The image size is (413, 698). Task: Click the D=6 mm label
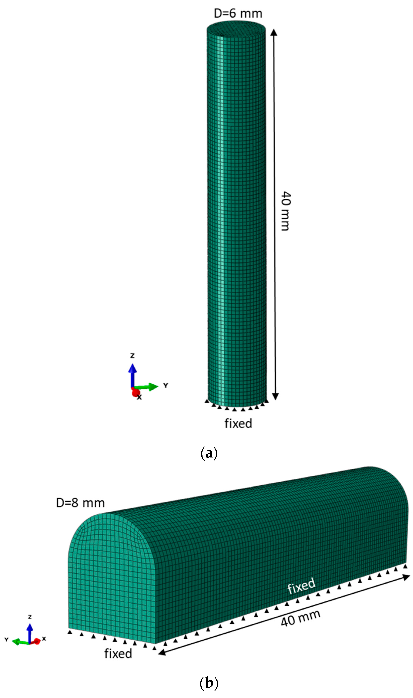[238, 13]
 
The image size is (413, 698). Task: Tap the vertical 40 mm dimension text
[285, 211]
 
